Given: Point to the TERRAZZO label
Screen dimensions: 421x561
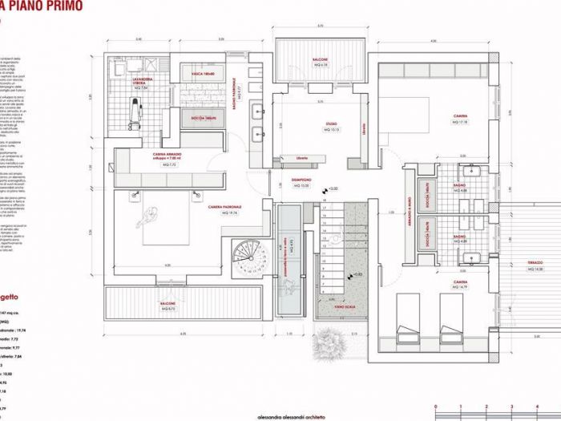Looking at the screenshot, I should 534,265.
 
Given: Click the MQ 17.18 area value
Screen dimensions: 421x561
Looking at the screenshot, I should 460,122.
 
